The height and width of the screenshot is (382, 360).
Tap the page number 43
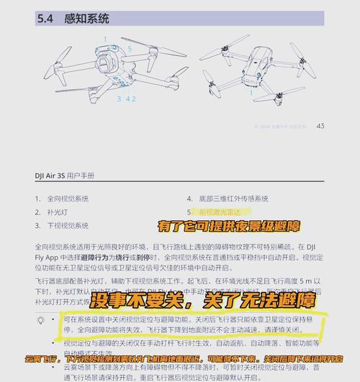point(320,126)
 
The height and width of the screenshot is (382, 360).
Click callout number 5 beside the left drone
point(130,48)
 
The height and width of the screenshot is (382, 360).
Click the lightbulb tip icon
point(41,319)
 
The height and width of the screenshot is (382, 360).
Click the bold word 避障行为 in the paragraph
point(107,255)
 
